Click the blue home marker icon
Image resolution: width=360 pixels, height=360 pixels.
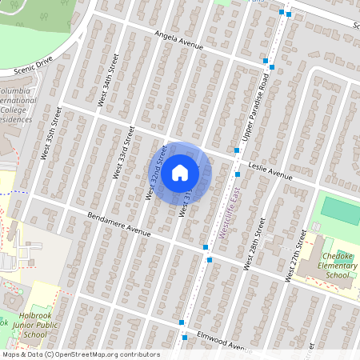179,173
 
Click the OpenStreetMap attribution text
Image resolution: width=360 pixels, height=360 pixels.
80,354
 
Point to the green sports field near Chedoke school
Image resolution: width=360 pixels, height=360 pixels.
341,209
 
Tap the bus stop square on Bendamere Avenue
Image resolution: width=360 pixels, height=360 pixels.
206,248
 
